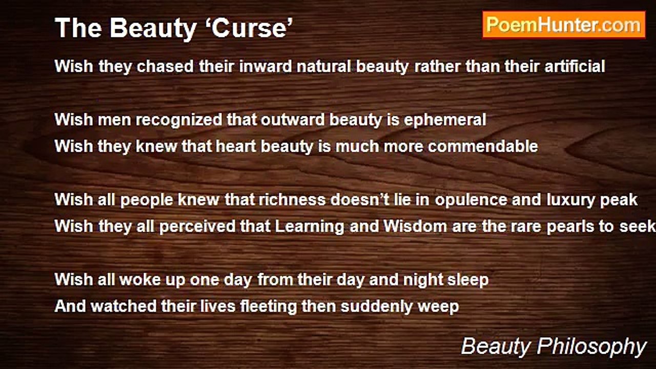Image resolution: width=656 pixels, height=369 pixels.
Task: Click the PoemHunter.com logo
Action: pos(564,25)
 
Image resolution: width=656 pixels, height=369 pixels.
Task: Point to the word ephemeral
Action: pos(445,120)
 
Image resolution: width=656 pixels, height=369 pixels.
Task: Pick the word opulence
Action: pos(471,200)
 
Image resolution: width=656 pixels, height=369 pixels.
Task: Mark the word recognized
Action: pos(179,120)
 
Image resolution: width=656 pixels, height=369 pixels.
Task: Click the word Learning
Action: pos(310,227)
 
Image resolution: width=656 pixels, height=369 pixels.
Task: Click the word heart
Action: pos(236,146)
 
